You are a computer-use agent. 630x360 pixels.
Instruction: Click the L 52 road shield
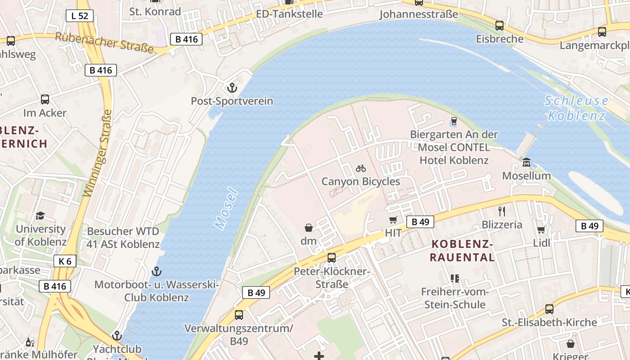tap(80, 16)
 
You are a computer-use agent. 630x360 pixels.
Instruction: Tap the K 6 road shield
tap(65, 261)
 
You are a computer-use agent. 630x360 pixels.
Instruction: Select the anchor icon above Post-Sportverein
tap(232, 87)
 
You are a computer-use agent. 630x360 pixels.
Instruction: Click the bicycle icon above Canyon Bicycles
tap(360, 168)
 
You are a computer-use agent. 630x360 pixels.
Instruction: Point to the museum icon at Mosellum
tap(526, 162)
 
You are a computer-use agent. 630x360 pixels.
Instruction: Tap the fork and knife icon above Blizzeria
tap(502, 211)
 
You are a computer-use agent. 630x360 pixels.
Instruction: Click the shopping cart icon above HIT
tap(393, 220)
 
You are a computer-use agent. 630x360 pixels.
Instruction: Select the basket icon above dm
tap(309, 228)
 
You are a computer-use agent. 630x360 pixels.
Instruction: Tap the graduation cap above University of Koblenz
tap(40, 216)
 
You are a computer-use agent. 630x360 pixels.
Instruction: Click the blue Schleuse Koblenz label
tap(576, 108)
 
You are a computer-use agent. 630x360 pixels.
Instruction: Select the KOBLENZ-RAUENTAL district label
tap(462, 251)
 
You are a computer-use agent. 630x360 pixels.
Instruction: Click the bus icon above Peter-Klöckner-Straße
tap(332, 257)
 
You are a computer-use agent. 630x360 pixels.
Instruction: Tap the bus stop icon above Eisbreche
tap(499, 26)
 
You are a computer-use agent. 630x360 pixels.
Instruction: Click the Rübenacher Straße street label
tap(104, 43)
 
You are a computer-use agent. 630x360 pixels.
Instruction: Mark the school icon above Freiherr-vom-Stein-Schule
tap(454, 279)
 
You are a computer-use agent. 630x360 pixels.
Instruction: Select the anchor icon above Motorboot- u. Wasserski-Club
tap(156, 271)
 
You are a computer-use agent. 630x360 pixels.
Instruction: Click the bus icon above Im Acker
tap(45, 99)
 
